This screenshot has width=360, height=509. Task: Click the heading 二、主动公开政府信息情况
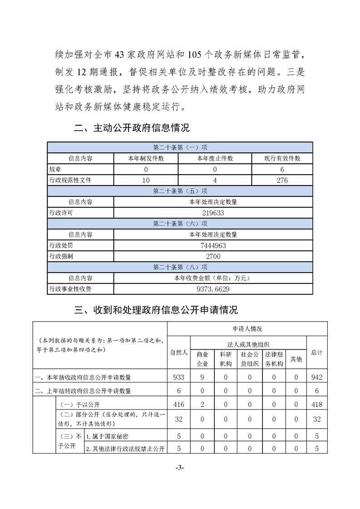pyautogui.click(x=132, y=128)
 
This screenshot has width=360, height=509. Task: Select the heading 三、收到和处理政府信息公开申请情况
pyautogui.click(x=156, y=310)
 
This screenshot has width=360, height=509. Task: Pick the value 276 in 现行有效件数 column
pyautogui.click(x=282, y=180)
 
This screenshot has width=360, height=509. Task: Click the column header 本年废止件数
pyautogui.click(x=214, y=158)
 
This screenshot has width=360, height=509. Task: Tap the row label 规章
pyautogui.click(x=55, y=169)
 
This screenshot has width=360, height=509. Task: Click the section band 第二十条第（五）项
pyautogui.click(x=180, y=191)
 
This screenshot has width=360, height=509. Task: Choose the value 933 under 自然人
pyautogui.click(x=178, y=377)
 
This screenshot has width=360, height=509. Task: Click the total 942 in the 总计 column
pyautogui.click(x=317, y=377)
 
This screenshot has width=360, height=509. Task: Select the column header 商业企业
pyautogui.click(x=202, y=359)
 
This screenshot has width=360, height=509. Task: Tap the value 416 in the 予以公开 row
pyautogui.click(x=178, y=404)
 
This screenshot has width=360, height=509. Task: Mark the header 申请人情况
pyautogui.click(x=247, y=328)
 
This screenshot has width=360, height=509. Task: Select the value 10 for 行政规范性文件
pyautogui.click(x=146, y=180)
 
